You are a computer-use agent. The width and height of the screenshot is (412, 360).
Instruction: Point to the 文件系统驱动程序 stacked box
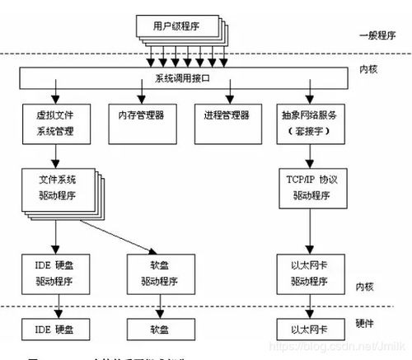(x=56, y=192)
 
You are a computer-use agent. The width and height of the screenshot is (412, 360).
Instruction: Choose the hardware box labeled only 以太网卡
(x=309, y=330)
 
